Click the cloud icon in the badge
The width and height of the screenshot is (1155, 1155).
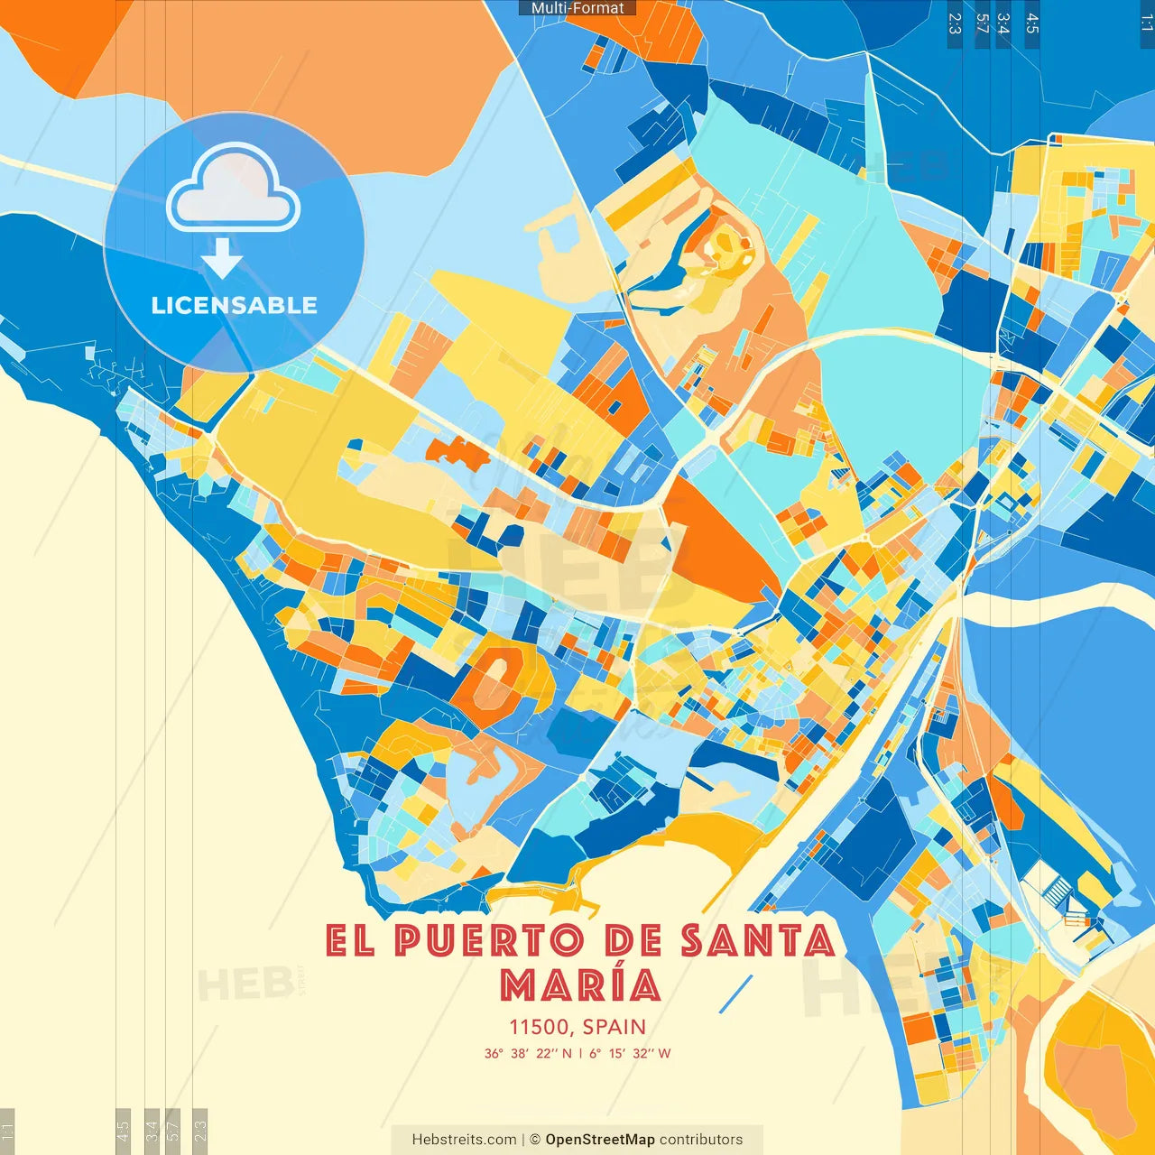point(234,189)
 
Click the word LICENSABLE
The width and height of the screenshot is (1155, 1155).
point(234,305)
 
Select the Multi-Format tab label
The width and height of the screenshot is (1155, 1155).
point(577,8)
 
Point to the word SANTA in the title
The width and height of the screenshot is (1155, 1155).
point(758,941)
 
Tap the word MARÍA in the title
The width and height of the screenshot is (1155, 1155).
point(581,985)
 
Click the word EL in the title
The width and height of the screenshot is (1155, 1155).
point(349,941)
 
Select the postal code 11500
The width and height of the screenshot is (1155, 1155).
point(539,1027)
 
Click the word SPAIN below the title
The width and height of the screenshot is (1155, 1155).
point(614,1027)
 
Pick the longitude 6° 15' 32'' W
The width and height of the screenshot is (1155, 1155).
point(631,1053)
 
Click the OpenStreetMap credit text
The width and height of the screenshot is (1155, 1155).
point(600,1140)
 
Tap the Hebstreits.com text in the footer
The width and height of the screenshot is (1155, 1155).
point(464,1140)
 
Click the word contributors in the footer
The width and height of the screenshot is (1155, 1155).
point(701,1140)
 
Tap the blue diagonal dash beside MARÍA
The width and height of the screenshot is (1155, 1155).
point(736,993)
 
